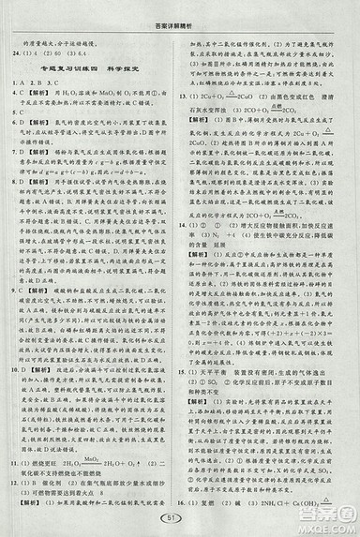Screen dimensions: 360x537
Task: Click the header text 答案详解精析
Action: pos(179,22)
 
